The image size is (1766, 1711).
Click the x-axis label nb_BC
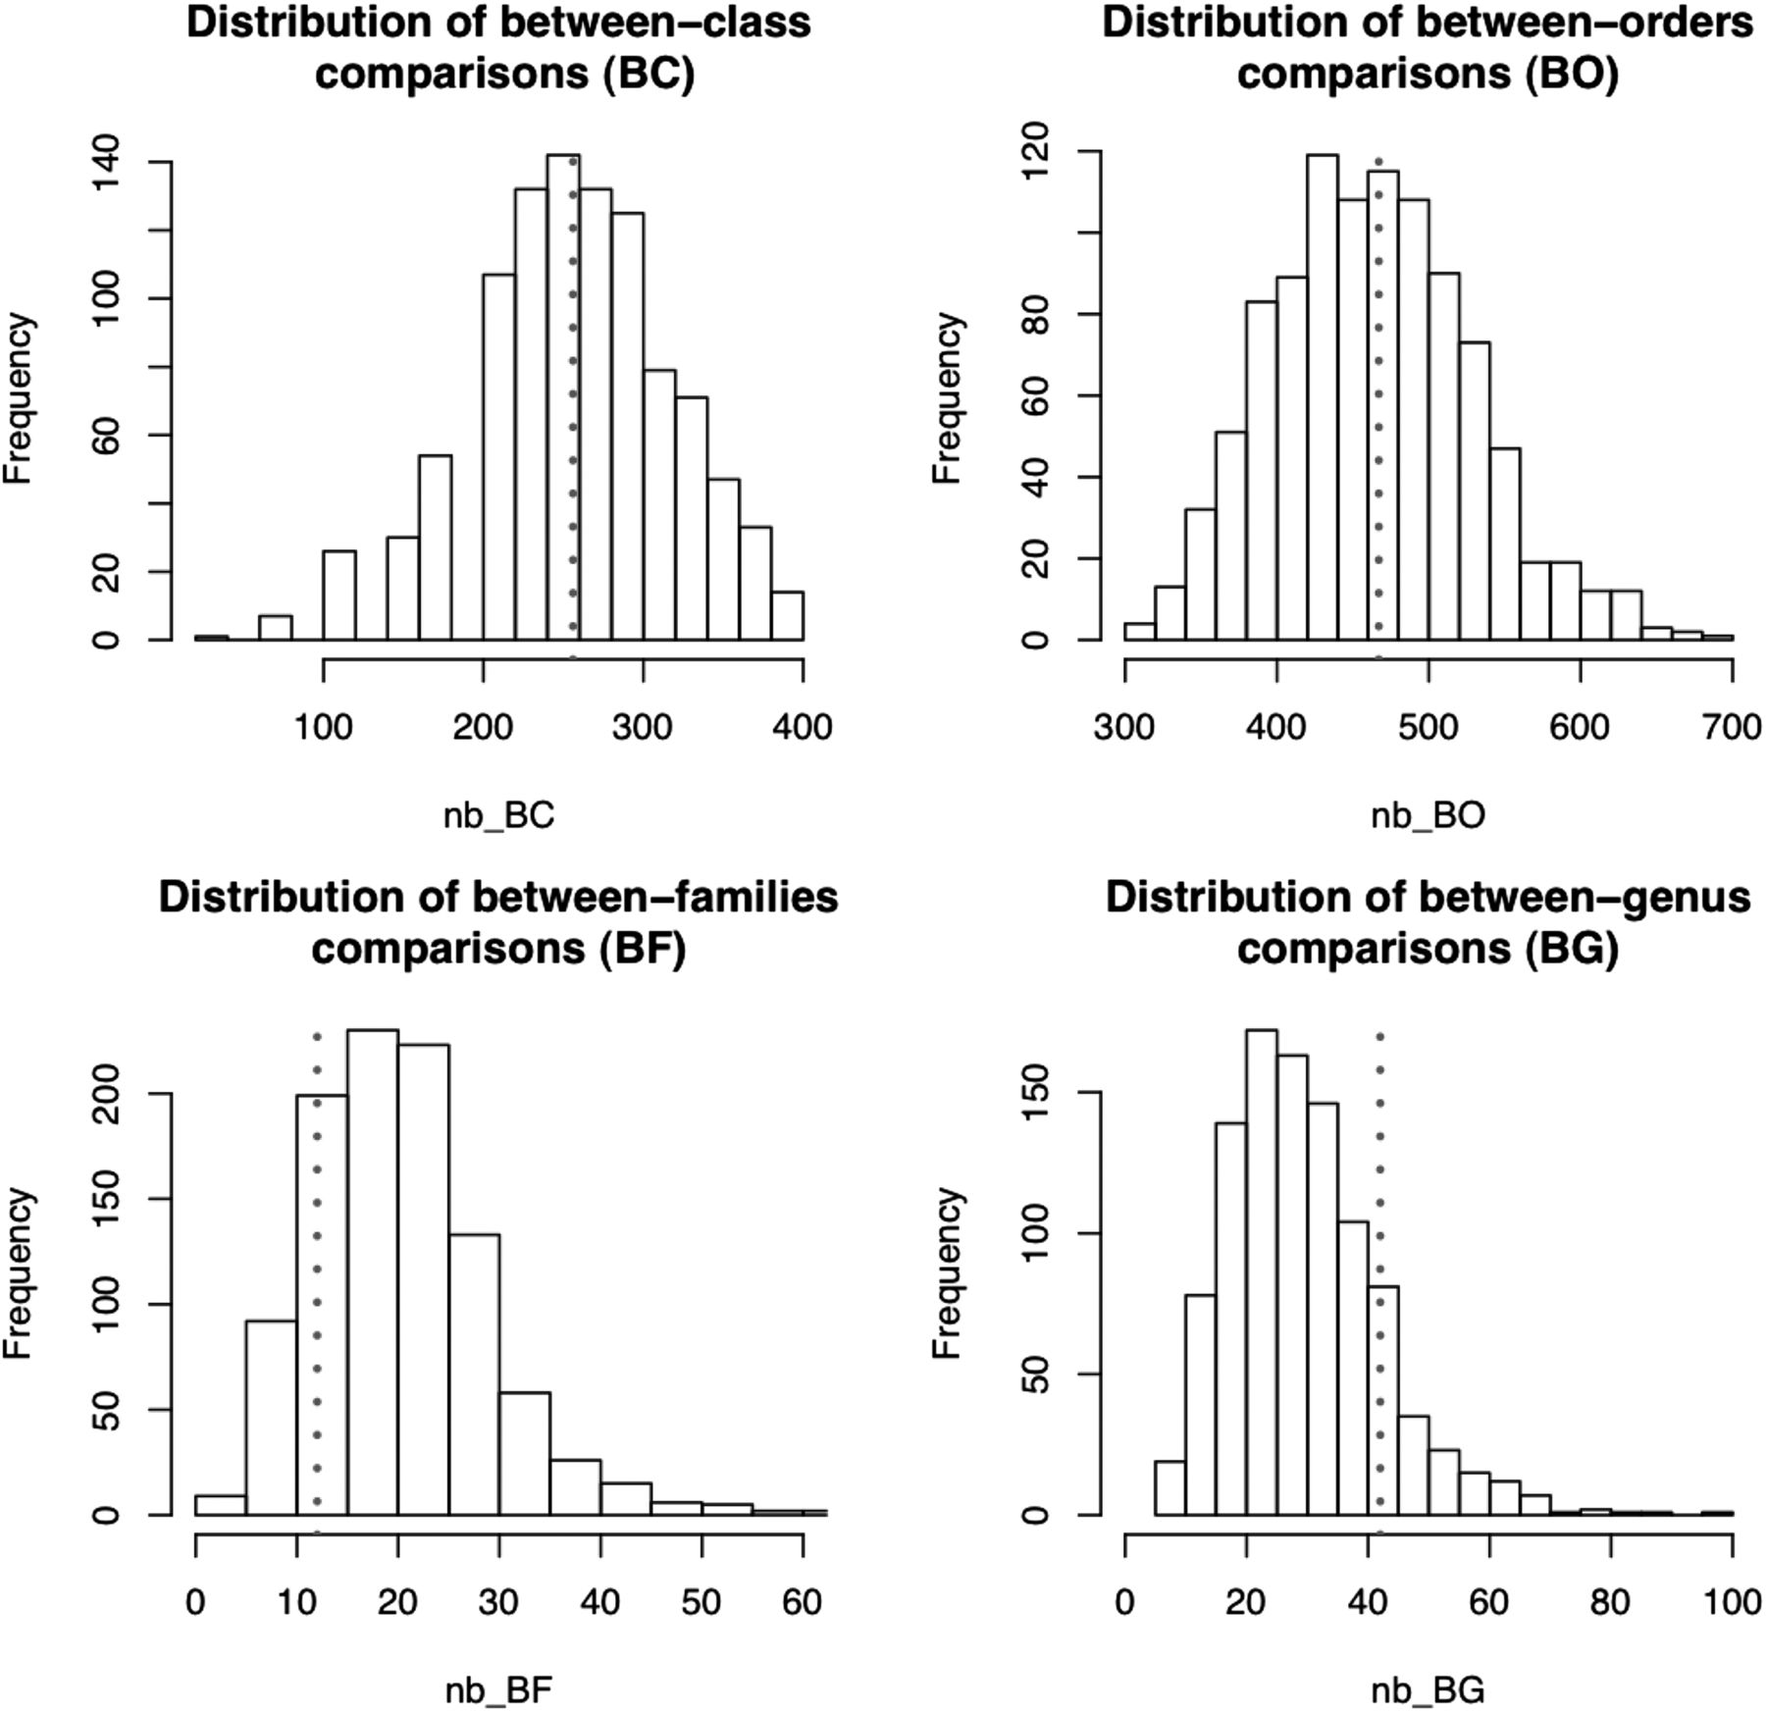[498, 815]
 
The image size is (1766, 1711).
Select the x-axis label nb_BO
[1428, 815]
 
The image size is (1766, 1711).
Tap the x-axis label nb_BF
[498, 1690]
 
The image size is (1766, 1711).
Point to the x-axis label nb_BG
[1428, 1690]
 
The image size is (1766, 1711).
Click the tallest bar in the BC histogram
[563, 397]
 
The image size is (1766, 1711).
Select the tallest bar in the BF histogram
[373, 1272]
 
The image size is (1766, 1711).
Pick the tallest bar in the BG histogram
[1262, 1272]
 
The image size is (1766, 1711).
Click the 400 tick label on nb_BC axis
[803, 727]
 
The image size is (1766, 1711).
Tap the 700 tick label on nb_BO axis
[1732, 727]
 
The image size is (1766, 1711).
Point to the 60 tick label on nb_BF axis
[802, 1602]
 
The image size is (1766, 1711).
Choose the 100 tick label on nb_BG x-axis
[1732, 1602]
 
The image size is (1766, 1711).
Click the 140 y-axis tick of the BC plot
[105, 162]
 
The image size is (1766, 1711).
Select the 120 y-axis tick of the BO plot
[1034, 152]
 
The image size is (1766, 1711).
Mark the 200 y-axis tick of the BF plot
[105, 1093]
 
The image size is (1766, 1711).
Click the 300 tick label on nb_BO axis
[1124, 727]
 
